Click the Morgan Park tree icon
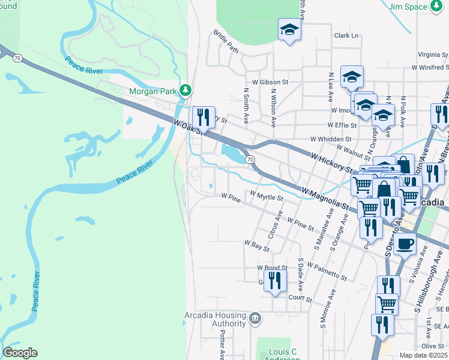186,90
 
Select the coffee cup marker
405,244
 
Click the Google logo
20,353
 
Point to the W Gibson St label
270,82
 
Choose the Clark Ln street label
346,35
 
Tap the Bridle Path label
224,41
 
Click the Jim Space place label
407,7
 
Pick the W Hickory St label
331,163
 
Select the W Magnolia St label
325,199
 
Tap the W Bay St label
256,244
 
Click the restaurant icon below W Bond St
274,280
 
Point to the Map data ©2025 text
423,355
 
